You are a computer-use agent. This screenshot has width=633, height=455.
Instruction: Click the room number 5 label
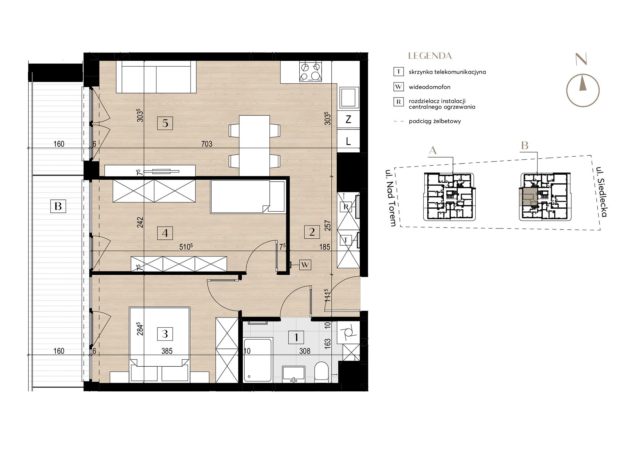pyautogui.click(x=165, y=123)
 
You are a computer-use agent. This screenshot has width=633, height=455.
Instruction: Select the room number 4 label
pyautogui.click(x=165, y=233)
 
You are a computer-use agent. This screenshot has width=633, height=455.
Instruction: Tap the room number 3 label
pyautogui.click(x=165, y=334)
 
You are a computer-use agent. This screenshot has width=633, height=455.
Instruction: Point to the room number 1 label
pyautogui.click(x=296, y=337)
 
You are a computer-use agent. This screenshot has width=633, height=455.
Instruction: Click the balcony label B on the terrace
pyautogui.click(x=58, y=206)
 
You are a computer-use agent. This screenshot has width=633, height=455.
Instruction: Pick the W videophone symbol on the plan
pyautogui.click(x=305, y=264)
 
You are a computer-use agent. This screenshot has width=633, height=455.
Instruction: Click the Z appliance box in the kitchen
pyautogui.click(x=348, y=120)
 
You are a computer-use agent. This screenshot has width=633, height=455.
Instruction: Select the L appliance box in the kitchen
pyautogui.click(x=348, y=141)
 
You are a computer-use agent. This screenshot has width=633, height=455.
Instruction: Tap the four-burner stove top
pyautogui.click(x=310, y=72)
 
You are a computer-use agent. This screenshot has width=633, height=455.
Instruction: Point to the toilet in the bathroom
pyautogui.click(x=321, y=372)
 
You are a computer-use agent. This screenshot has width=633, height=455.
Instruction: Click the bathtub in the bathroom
pyautogui.click(x=257, y=359)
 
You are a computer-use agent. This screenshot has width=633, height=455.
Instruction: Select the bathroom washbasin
pyautogui.click(x=294, y=374)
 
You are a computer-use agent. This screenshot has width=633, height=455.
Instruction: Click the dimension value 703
pyautogui.click(x=207, y=144)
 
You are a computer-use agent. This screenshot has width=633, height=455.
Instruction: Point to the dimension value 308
pyautogui.click(x=305, y=351)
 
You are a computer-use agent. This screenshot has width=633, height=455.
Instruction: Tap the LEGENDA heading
pyautogui.click(x=430, y=56)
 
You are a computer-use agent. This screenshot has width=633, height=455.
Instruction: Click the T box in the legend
pyautogui.click(x=399, y=72)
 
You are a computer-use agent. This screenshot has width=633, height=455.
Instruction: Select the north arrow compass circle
pyautogui.click(x=583, y=90)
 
